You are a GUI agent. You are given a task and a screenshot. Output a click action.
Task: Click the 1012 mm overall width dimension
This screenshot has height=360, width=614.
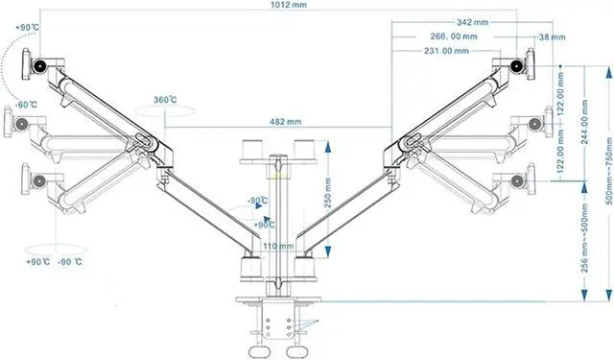pyautogui.click(x=289, y=5)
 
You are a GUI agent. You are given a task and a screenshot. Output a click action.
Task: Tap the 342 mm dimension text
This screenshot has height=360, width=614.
pyautogui.click(x=473, y=22)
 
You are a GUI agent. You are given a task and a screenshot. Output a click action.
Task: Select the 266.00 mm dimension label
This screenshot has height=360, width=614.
pyautogui.click(x=454, y=36)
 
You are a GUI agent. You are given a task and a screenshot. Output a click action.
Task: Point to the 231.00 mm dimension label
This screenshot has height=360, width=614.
pyautogui.click(x=446, y=51)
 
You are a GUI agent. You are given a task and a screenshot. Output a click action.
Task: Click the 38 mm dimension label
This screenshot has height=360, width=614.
pyautogui.click(x=553, y=37)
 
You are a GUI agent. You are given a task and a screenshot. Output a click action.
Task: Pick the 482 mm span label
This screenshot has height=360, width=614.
pyautogui.click(x=286, y=122)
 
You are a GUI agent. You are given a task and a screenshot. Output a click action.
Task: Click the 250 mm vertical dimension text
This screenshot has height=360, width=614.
pyautogui.click(x=328, y=193)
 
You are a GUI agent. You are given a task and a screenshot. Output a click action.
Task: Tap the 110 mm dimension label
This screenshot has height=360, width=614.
pyautogui.click(x=278, y=246)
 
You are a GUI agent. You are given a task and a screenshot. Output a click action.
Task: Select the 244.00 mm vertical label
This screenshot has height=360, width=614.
pyautogui.click(x=584, y=122)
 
